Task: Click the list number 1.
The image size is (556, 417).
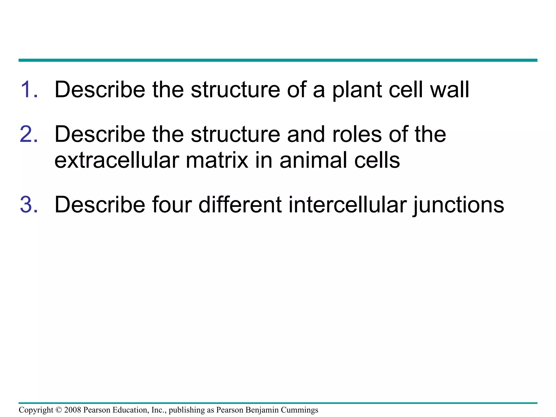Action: coord(29,90)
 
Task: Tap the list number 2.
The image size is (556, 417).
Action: coord(29,134)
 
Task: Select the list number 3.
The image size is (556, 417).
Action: coord(29,205)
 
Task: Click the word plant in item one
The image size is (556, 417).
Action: coord(357,90)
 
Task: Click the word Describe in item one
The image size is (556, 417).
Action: coord(100,90)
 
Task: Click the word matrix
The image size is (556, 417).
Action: coord(217,160)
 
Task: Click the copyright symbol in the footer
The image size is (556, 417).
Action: coord(59,410)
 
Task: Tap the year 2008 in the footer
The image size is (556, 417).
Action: coord(73,410)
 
